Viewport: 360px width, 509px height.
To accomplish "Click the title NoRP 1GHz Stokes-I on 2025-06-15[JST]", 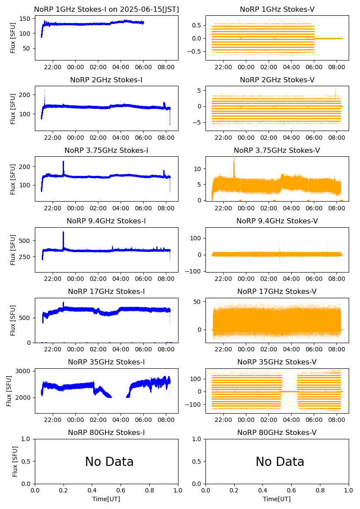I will (x=106, y=10).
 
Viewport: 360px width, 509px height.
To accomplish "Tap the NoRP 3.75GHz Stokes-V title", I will (x=277, y=151).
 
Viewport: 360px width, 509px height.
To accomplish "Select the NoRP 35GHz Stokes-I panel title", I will (x=106, y=362).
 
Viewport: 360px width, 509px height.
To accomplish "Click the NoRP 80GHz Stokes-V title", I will (x=277, y=433).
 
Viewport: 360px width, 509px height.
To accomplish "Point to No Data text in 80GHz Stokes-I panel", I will (x=109, y=462).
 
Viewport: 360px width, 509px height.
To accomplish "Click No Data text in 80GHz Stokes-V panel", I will (x=280, y=462).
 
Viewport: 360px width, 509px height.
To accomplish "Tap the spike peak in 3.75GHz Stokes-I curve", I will (x=63, y=162).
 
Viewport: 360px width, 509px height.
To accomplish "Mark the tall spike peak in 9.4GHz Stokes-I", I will (x=63, y=232).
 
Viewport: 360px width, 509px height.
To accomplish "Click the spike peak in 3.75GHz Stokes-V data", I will (x=234, y=158).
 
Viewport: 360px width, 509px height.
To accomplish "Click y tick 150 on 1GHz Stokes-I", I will (x=26, y=19).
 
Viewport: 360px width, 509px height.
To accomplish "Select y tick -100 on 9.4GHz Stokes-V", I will (x=195, y=271).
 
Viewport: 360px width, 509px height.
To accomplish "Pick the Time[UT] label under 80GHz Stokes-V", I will (x=277, y=499).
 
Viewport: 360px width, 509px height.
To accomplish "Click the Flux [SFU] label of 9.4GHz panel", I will (x=13, y=250).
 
